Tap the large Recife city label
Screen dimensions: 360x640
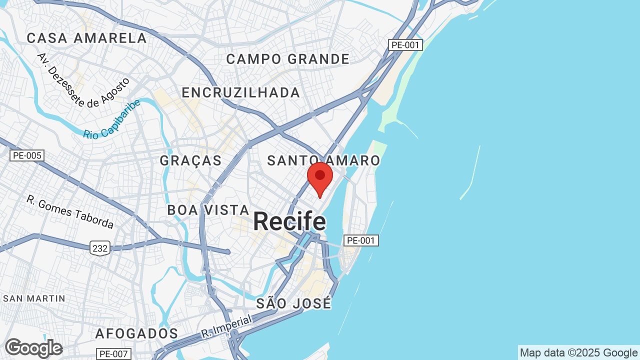[x=289, y=221]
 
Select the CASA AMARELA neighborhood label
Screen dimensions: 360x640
[x=86, y=38]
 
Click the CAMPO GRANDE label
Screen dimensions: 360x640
[x=287, y=59]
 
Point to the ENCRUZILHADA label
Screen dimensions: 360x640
[x=240, y=92]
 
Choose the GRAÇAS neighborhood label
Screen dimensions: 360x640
[x=190, y=160]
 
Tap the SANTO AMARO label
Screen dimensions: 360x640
[x=323, y=160]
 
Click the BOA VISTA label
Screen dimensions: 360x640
[x=208, y=210]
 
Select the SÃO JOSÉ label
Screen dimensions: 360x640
[x=293, y=303]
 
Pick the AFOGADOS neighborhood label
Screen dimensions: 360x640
[x=136, y=333]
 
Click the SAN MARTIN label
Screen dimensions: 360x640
[x=34, y=298]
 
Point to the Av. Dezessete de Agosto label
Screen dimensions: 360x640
[x=83, y=80]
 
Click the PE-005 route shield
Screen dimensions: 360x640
[x=27, y=155]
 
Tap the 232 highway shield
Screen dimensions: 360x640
[x=100, y=247]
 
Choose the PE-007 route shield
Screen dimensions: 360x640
[x=114, y=354]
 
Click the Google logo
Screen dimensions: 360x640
[x=33, y=348]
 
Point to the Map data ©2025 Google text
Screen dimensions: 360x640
[x=578, y=353]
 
